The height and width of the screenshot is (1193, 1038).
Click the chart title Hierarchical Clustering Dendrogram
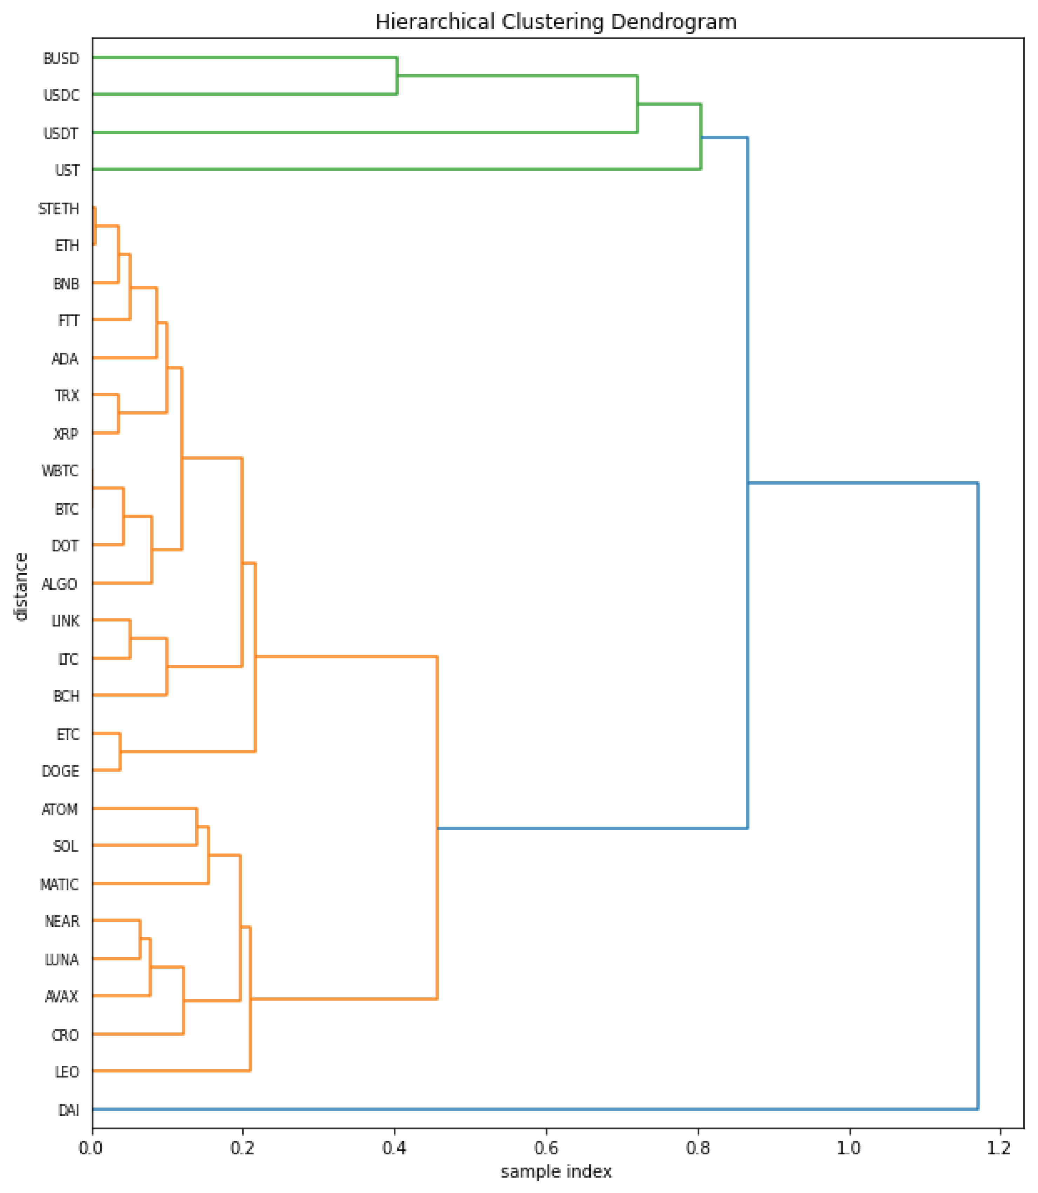(x=556, y=22)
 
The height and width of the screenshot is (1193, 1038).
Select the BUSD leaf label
(x=61, y=59)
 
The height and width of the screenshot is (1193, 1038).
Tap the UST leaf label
(x=67, y=170)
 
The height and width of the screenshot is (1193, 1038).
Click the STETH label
(x=59, y=209)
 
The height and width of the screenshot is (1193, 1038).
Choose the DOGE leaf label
(x=60, y=771)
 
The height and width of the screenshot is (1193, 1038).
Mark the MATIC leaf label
(x=59, y=885)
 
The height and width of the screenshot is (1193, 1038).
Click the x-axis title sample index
(x=556, y=1172)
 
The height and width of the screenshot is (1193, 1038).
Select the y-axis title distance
(x=21, y=587)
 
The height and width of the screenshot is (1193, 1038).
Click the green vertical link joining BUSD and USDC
(x=397, y=76)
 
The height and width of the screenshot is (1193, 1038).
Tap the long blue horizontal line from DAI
(x=521, y=1109)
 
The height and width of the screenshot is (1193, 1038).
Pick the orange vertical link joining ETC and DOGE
(x=120, y=752)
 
